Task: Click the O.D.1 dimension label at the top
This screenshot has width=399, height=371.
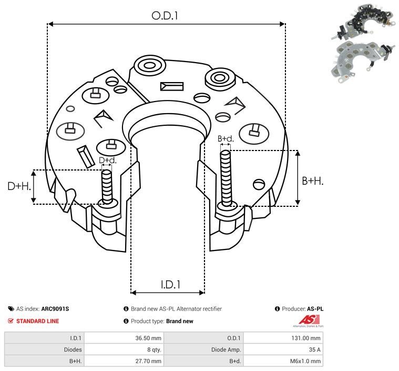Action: point(165,16)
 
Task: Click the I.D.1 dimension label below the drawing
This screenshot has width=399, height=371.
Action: point(170,285)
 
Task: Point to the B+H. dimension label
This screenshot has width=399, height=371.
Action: point(312,181)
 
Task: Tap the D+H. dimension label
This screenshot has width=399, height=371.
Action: point(19,186)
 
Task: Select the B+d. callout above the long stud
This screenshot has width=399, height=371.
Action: point(226,138)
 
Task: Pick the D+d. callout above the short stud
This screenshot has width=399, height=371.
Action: point(108,161)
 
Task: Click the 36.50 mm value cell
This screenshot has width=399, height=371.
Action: point(148,338)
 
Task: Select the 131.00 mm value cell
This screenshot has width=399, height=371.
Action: point(306,338)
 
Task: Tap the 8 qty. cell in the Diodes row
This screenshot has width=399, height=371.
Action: point(154,349)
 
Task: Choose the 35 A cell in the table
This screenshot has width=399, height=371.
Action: point(314,349)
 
